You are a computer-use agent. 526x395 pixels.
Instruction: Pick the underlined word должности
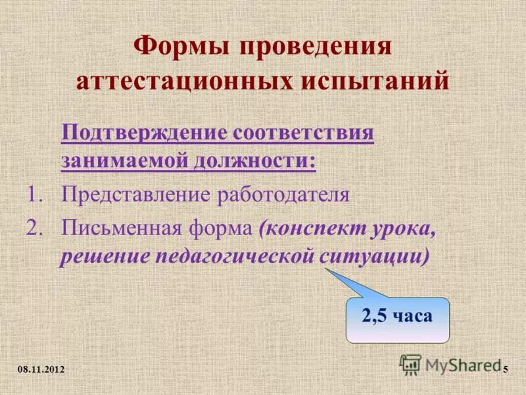point(255,161)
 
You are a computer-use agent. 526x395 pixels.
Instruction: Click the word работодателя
point(283,196)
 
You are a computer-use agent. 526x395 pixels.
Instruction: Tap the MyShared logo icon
point(411,364)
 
